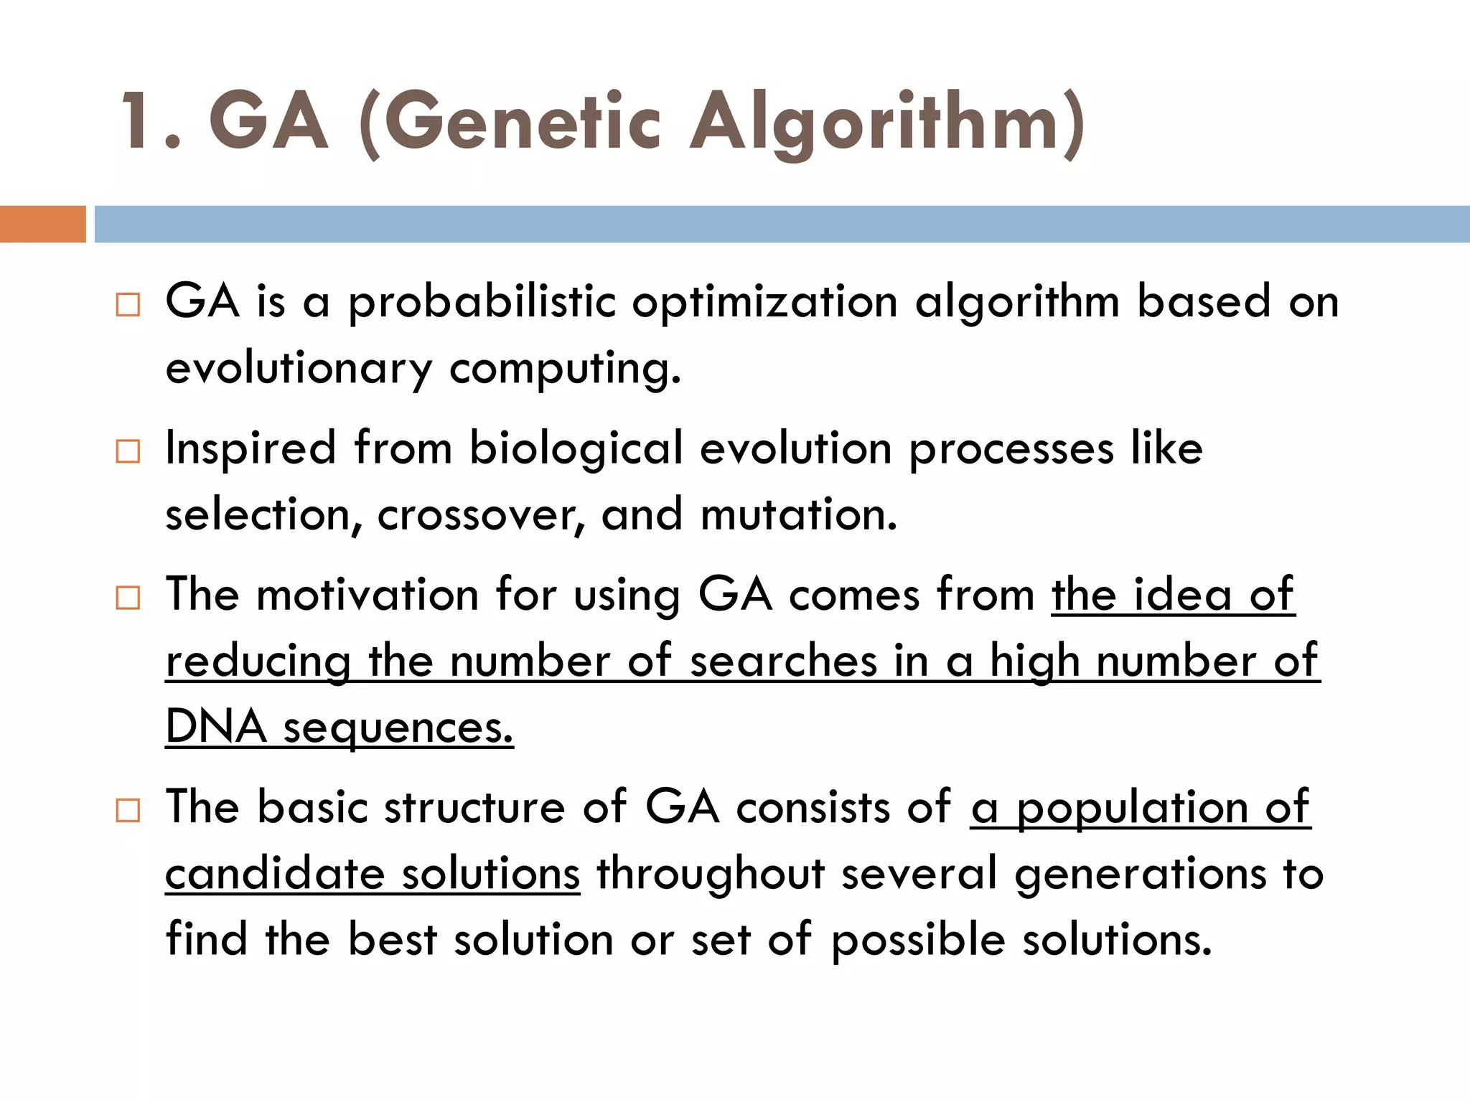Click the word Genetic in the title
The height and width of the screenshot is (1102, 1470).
(x=523, y=123)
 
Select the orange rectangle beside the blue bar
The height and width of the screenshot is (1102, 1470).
(x=42, y=224)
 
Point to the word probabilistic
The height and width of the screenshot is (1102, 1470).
(x=482, y=301)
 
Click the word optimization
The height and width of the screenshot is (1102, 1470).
(x=764, y=301)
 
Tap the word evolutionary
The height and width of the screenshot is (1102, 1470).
(x=299, y=369)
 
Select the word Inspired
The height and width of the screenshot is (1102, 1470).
(x=251, y=448)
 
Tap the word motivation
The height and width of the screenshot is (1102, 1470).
(x=367, y=595)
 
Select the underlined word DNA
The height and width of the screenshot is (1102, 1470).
(x=216, y=727)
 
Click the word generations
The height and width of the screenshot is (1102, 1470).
(x=1141, y=874)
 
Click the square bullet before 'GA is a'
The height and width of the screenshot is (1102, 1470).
(x=128, y=304)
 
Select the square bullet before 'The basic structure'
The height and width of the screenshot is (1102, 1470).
(x=128, y=810)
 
